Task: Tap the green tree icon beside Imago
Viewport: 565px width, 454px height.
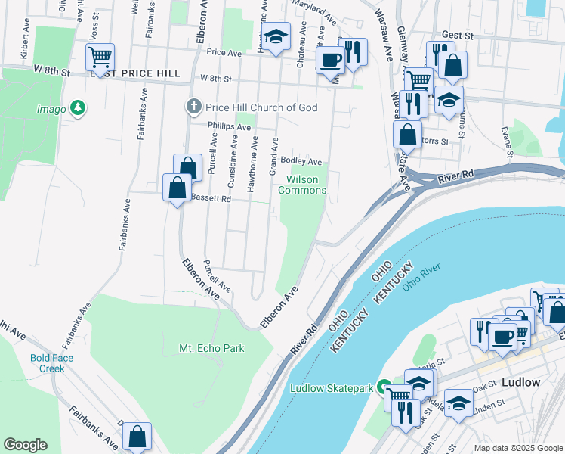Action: tap(77, 109)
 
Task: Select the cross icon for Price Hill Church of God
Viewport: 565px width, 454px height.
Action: tap(193, 107)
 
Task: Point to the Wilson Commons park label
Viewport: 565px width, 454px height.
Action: tap(302, 185)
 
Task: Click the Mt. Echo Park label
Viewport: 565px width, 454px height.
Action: tap(211, 349)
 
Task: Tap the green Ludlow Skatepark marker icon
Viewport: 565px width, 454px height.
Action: tap(384, 388)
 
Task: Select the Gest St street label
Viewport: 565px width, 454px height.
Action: tap(457, 35)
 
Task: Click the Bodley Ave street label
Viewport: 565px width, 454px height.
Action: tap(301, 161)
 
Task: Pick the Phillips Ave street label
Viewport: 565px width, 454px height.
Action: tap(229, 126)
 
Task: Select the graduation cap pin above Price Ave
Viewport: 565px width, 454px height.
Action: tap(276, 36)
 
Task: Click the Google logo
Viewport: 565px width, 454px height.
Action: tap(25, 445)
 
